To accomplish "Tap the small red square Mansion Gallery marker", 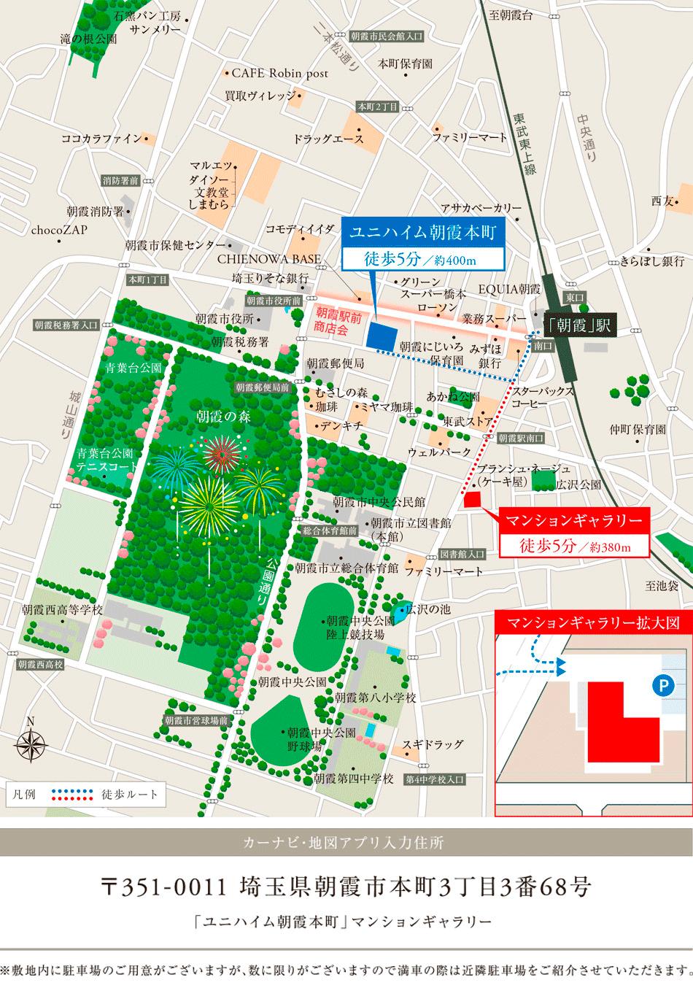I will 473,499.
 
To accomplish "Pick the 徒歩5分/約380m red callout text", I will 573,545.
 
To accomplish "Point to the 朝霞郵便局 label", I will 334,363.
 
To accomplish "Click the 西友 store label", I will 662,201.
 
